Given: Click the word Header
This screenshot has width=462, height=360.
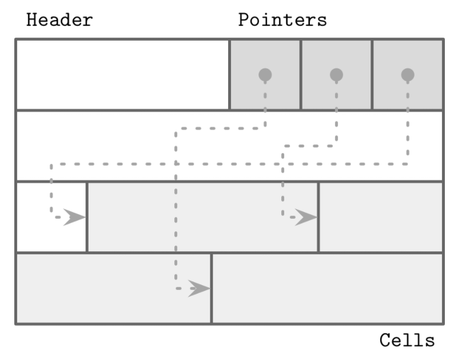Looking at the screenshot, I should pos(59,21).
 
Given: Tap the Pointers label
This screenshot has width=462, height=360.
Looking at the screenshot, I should pos(282,21).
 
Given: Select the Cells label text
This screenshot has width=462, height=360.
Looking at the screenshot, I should pos(407,341).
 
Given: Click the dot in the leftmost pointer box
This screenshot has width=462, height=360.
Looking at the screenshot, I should pos(265,74).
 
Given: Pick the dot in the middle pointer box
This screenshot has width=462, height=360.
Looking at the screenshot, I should pos(336,74).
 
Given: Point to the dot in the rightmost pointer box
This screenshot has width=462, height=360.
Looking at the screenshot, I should pos(407,74).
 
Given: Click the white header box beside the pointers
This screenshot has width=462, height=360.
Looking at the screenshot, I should pos(122,74).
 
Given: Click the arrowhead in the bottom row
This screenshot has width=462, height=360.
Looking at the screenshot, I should pos(199,289).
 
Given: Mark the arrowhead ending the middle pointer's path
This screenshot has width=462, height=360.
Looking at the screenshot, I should pos(306,217).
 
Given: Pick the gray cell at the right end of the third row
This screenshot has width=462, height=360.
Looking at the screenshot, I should pos(381,217).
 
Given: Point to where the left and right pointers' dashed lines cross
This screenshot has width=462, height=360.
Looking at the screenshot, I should pos(176,165).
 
